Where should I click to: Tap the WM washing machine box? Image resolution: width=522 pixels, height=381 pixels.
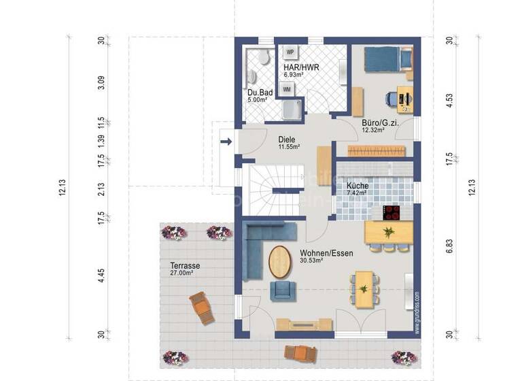click(x=288, y=88)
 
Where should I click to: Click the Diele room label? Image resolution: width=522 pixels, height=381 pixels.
click(x=286, y=139)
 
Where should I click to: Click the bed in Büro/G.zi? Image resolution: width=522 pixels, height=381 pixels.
click(x=387, y=59)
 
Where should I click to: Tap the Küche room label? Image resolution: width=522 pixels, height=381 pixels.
click(x=357, y=185)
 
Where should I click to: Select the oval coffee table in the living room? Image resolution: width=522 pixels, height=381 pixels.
click(x=278, y=261)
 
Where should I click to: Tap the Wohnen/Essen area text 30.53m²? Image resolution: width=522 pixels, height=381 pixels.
click(x=312, y=259)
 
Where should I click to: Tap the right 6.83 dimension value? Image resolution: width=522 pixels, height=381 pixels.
click(x=449, y=250)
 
